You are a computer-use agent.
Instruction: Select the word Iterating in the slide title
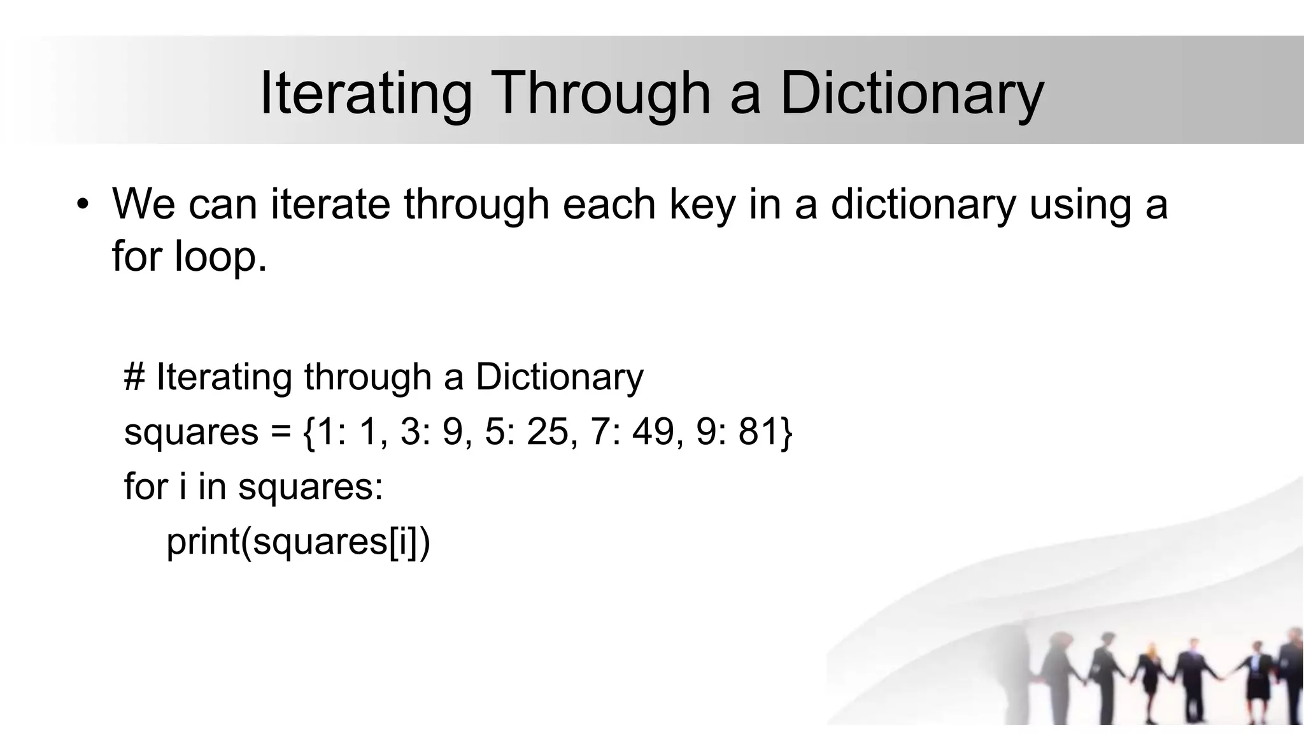(365, 94)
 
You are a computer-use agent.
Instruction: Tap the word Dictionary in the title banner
(911, 94)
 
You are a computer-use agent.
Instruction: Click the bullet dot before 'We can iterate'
(82, 205)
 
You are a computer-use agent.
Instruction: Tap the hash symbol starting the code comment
(134, 377)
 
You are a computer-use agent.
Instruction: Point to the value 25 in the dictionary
(548, 431)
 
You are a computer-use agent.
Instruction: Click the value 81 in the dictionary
(759, 431)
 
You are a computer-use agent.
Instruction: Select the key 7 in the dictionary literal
(600, 431)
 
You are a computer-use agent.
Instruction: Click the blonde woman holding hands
(1150, 679)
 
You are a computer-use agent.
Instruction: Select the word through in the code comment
(367, 377)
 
